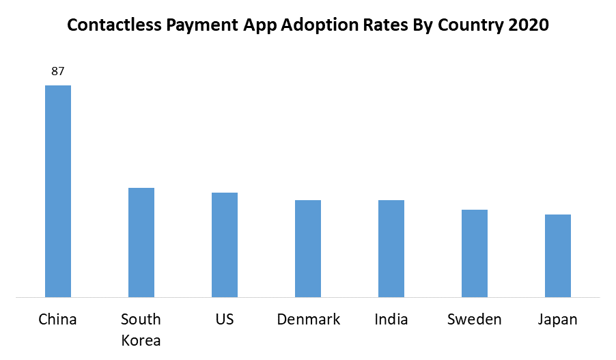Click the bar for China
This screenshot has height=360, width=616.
click(x=58, y=191)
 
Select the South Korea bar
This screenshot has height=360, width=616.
click(x=141, y=243)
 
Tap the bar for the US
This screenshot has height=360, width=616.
click(x=225, y=245)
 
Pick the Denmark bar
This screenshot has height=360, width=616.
click(x=308, y=249)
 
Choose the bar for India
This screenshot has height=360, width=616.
click(x=391, y=249)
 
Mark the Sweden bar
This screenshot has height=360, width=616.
click(x=475, y=253)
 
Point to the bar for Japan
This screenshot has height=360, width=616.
click(x=558, y=255)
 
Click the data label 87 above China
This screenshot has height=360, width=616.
click(x=58, y=71)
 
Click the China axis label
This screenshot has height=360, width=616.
click(x=58, y=319)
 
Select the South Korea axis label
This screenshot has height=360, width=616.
click(x=141, y=329)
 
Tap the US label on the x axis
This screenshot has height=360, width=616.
click(x=225, y=319)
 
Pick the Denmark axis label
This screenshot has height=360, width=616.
click(x=309, y=319)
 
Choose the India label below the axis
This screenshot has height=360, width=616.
click(x=391, y=319)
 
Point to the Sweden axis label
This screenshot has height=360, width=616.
click(x=475, y=319)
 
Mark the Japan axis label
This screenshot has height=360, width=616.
click(x=558, y=319)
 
